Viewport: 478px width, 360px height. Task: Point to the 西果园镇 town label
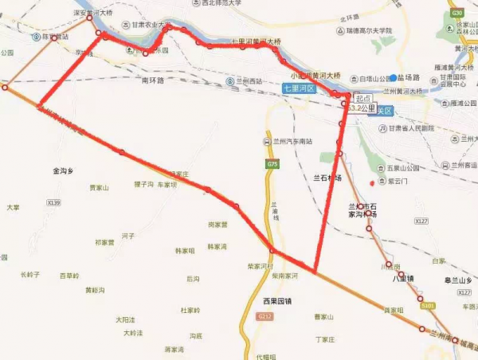pos(276,301)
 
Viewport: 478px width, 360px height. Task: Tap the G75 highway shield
pos(273,164)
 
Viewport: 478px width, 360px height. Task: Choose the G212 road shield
pos(265,317)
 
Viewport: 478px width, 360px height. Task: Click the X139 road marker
pos(53,203)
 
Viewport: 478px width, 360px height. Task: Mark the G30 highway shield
pos(456,13)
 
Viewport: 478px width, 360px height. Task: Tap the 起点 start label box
pos(363,97)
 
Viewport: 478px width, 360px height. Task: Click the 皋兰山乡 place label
pos(457,280)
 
